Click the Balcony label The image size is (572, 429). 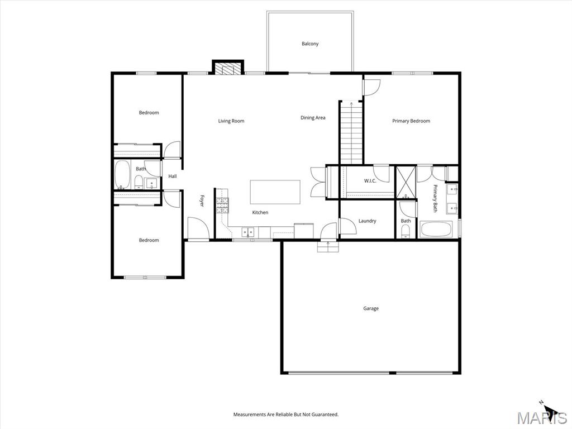click(310, 44)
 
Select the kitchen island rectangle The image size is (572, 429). click(275, 192)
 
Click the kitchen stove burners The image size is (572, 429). click(222, 205)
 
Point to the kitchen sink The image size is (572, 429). click(248, 232)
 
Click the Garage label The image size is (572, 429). click(371, 308)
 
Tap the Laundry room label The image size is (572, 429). click(368, 221)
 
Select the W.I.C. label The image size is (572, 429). click(370, 181)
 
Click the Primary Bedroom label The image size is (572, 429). click(411, 121)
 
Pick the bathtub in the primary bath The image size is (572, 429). click(436, 230)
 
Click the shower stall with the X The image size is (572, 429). click(406, 182)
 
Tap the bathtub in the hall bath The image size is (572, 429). click(122, 175)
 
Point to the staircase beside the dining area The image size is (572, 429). click(351, 132)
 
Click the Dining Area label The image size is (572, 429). click(313, 118)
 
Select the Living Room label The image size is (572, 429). click(231, 121)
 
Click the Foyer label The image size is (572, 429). click(201, 201)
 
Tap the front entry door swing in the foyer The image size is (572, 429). click(198, 228)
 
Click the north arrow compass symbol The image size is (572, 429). click(549, 408)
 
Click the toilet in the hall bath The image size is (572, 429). click(139, 182)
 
